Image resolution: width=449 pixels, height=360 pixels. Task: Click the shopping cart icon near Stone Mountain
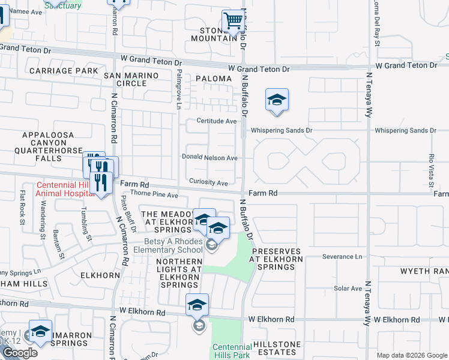(233, 22)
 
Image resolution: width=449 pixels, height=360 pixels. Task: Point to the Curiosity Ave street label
(208, 182)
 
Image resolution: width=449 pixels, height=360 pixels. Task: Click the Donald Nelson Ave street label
(209, 158)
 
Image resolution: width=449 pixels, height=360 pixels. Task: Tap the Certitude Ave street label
(217, 121)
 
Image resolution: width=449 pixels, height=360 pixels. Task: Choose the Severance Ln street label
(342, 257)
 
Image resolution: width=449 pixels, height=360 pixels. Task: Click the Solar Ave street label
(348, 289)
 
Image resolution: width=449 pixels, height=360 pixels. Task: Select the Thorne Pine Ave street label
(154, 195)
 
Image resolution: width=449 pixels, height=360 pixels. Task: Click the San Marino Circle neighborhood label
(131, 79)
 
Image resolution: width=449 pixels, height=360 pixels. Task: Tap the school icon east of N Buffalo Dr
(277, 100)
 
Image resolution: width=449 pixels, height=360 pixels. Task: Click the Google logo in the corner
(19, 353)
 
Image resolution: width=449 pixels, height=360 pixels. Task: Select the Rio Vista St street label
(431, 163)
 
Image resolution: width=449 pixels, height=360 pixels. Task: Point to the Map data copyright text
(411, 355)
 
